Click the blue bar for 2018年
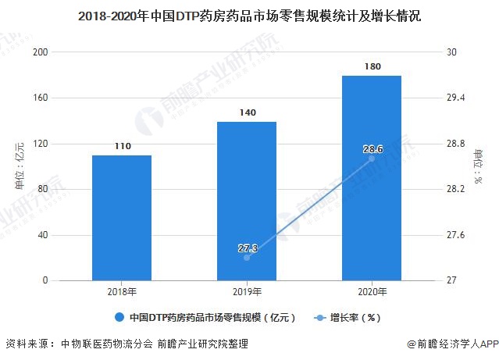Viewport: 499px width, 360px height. coord(121,218)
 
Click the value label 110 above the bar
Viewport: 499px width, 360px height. coord(121,146)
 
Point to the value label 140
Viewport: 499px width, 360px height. coord(247,112)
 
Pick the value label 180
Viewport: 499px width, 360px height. coord(372,66)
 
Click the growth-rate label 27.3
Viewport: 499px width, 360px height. coord(247,248)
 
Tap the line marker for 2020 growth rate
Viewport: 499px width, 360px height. coord(372,159)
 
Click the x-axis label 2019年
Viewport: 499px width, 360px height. coord(247,292)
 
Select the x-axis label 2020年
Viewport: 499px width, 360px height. coord(372,292)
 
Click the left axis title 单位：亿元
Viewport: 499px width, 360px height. coord(20,166)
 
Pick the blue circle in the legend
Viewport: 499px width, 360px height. coord(119,318)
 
